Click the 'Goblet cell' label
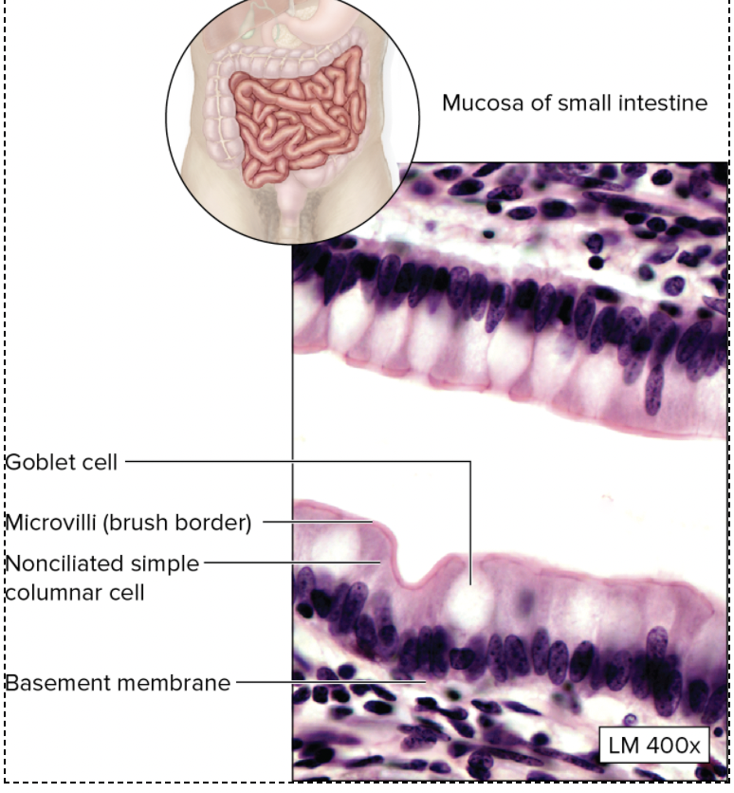coord(62,462)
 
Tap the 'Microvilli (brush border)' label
coord(128,523)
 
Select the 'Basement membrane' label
coord(118,682)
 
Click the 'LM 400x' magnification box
coord(654,746)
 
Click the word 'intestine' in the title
coord(663,103)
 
